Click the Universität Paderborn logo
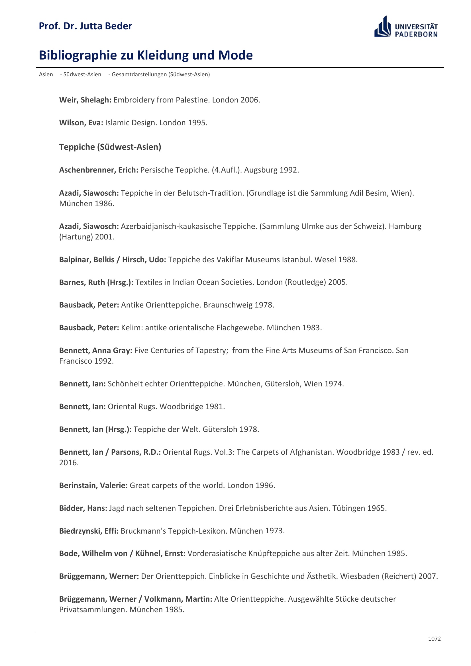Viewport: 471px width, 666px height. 406,27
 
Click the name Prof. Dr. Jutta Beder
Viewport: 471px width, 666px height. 85,26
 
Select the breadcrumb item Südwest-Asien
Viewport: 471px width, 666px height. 82,75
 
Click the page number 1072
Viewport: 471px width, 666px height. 434,639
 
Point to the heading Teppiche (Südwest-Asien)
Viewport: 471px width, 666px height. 110,147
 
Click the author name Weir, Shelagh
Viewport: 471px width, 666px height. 85,100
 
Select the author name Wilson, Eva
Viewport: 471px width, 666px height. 81,123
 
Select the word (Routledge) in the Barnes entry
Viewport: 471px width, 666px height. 305,282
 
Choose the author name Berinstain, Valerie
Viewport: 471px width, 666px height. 93,485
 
